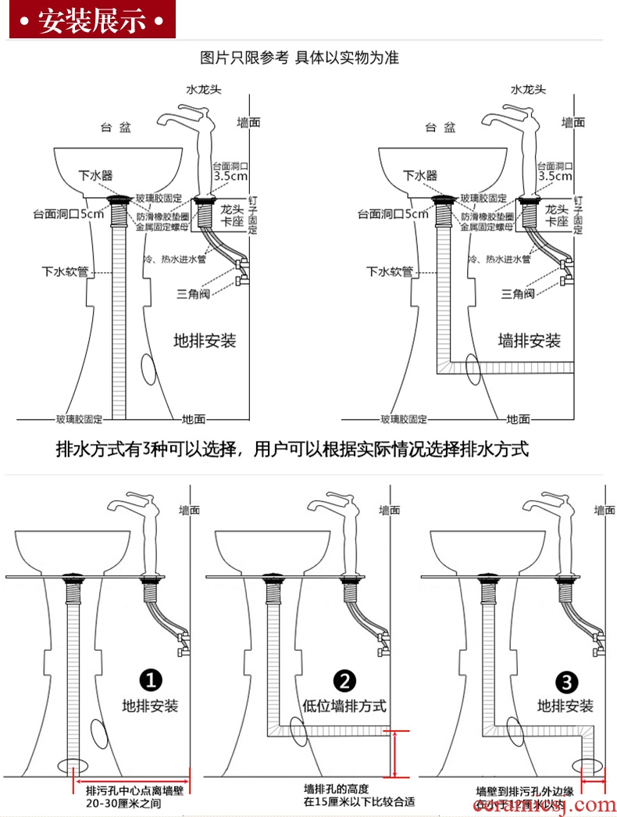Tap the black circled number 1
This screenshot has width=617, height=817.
coord(150,679)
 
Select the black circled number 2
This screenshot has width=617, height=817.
coord(344,679)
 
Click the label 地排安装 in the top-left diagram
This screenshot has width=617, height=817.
coord(205,341)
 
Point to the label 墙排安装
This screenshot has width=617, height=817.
coord(530,341)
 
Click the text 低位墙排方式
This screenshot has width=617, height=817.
coord(344,705)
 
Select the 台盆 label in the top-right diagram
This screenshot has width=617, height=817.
coord(440,127)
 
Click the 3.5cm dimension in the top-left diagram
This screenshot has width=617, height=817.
coord(230,177)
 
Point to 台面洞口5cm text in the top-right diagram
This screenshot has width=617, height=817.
coord(393,213)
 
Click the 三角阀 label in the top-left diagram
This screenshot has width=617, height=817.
coord(192,293)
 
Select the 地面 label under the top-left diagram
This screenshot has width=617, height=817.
coord(194,419)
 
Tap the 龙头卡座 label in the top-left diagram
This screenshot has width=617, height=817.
coord(232,217)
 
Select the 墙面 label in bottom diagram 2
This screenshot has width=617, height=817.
coord(391,510)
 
